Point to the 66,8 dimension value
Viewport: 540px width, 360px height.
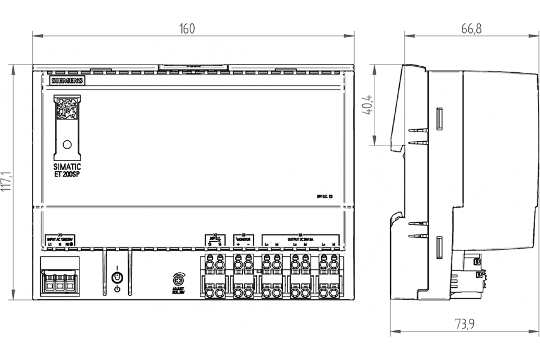(x=471, y=29)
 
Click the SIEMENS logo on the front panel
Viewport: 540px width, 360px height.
(x=67, y=81)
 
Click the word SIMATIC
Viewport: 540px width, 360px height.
(x=67, y=167)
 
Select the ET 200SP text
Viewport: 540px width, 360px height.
(x=67, y=175)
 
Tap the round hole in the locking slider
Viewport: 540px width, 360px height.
(x=67, y=144)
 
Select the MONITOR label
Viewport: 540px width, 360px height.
(x=243, y=239)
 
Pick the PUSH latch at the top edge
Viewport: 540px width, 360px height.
(x=193, y=67)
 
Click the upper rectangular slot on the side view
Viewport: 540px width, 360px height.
(x=439, y=118)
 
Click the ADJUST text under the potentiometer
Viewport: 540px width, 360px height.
(x=179, y=288)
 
